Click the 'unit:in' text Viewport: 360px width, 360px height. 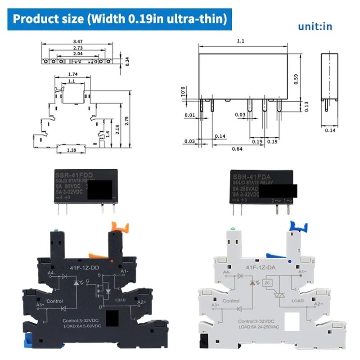(315, 26)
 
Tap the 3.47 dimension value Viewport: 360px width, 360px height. (79, 41)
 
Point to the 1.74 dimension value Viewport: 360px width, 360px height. (72, 74)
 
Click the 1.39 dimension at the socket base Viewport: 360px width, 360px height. (71, 149)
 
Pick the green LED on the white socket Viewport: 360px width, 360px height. (233, 230)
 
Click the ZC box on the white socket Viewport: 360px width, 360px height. (267, 283)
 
